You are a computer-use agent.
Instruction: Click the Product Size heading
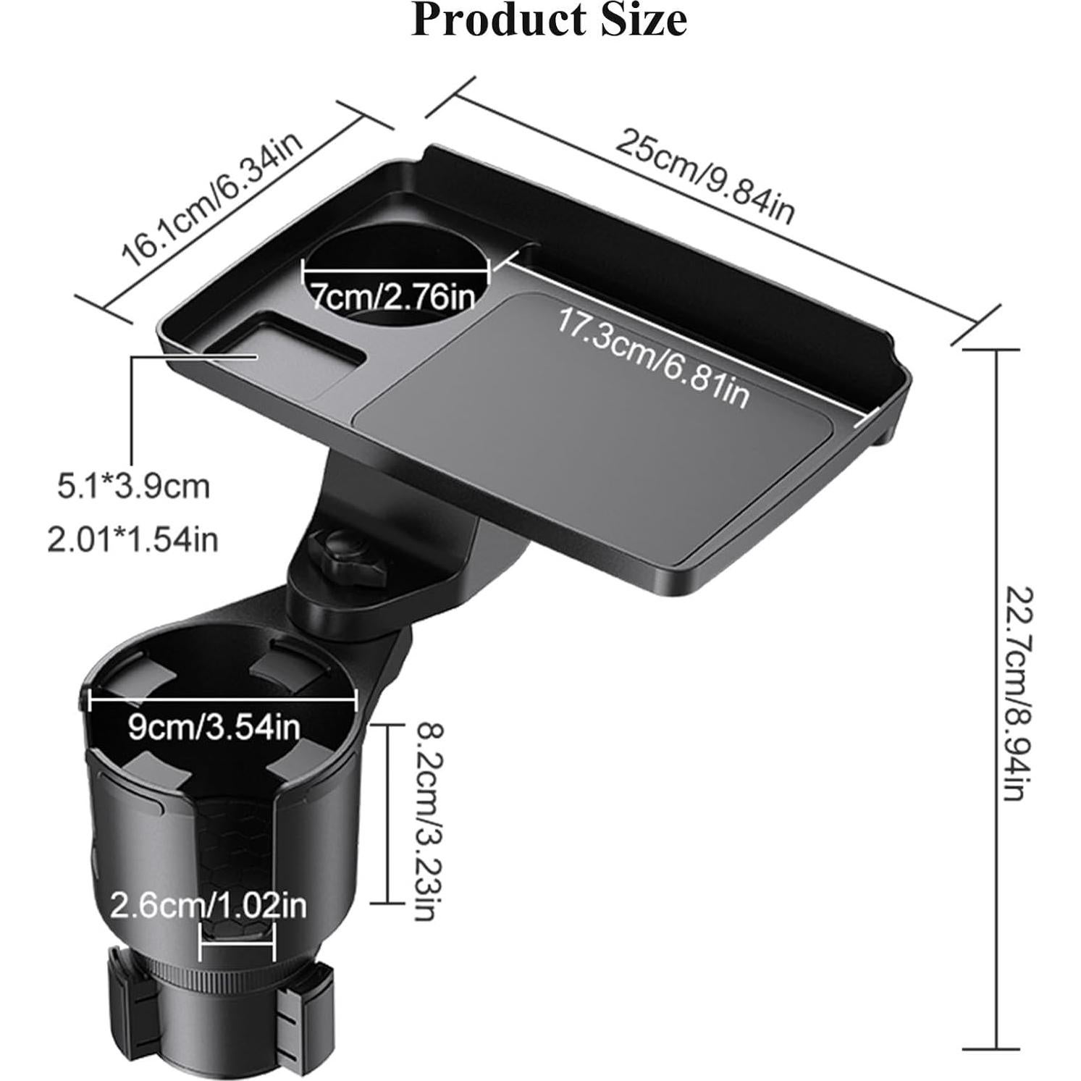[548, 20]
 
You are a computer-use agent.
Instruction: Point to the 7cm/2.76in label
[393, 295]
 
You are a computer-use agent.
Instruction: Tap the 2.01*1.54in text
[133, 540]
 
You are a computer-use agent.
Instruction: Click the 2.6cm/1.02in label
[209, 905]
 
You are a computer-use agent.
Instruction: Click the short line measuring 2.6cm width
[237, 943]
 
